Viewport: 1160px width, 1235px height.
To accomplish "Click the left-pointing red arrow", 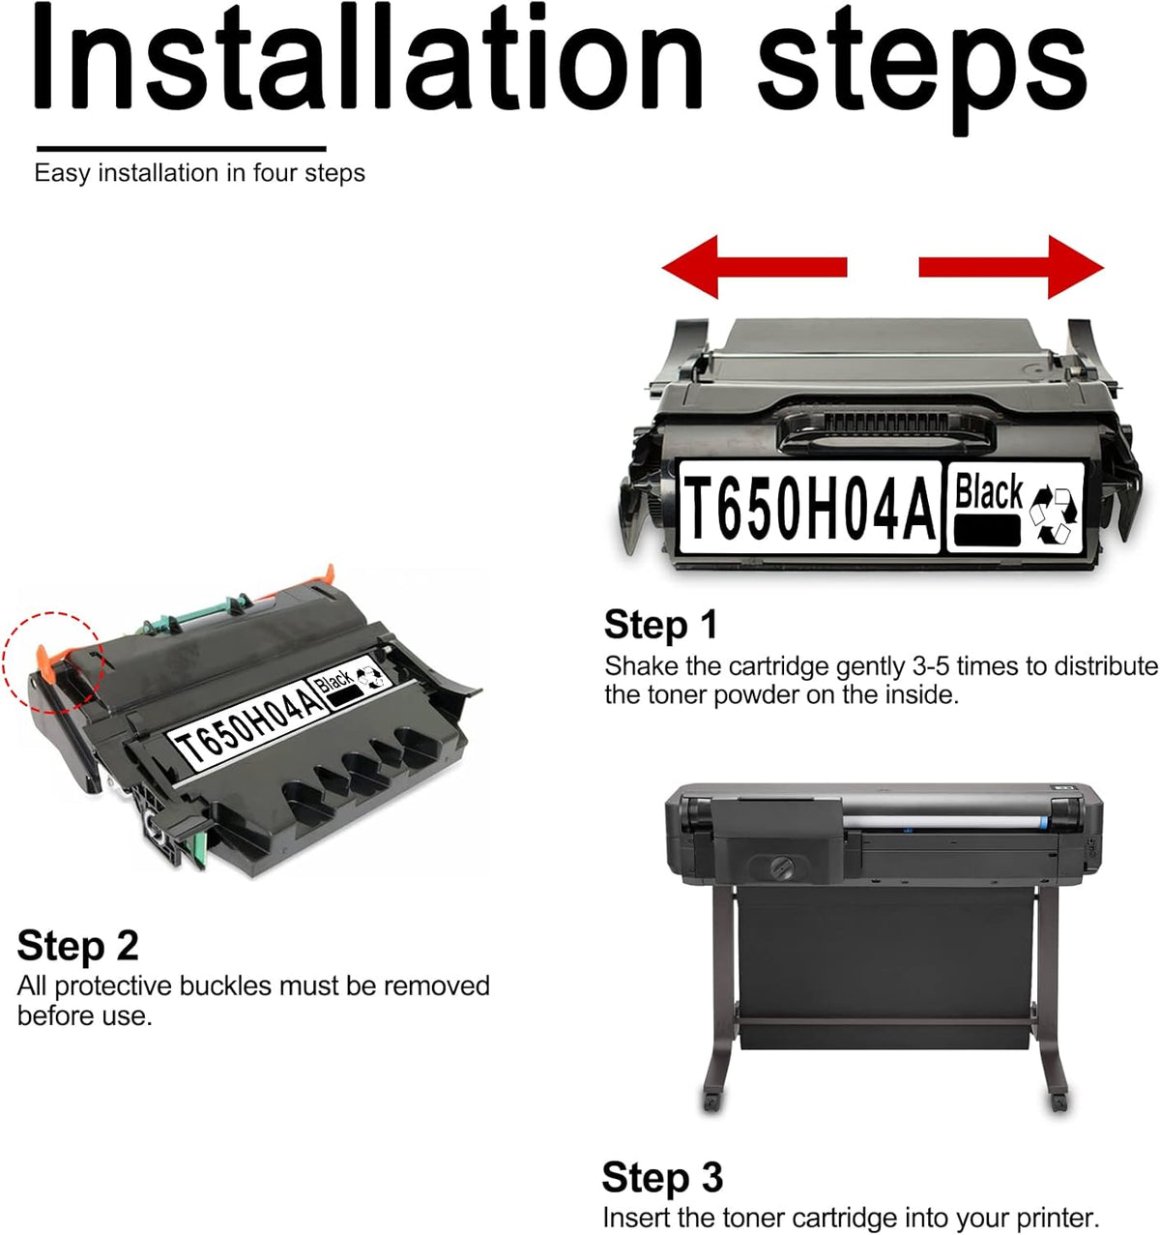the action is (x=753, y=267).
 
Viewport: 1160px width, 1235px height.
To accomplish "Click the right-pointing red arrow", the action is (x=1011, y=267).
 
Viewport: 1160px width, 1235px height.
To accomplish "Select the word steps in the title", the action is (x=922, y=69).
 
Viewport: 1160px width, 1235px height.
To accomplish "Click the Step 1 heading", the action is (x=661, y=625).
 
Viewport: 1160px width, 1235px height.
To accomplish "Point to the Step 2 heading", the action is (x=77, y=945).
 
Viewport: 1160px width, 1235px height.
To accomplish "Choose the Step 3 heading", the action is (x=663, y=1177).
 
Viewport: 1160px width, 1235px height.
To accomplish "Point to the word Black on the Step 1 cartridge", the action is (x=988, y=491).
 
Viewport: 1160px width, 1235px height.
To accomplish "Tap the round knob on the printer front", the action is (x=781, y=867).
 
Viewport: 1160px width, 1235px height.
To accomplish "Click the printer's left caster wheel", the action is (x=711, y=1102).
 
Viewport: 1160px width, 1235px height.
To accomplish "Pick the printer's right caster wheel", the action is (x=1058, y=1102).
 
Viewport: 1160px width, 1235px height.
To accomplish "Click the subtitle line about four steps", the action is (x=199, y=173).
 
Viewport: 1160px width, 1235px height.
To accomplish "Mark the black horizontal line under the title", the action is (x=182, y=149).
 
